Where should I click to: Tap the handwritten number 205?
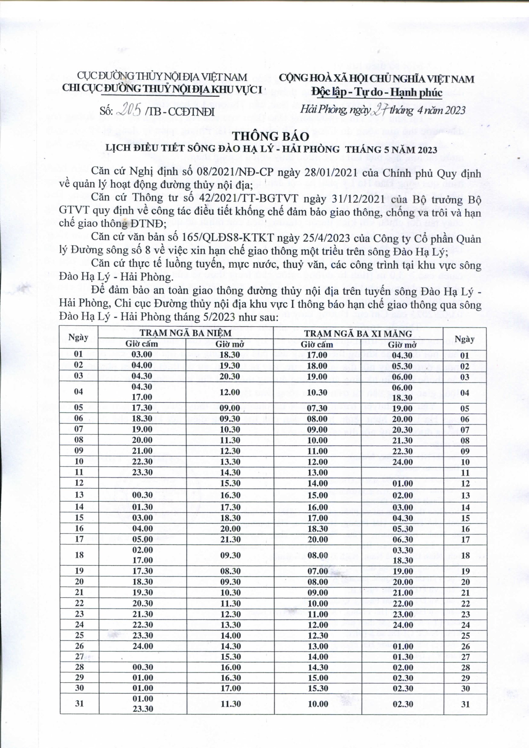coord(129,111)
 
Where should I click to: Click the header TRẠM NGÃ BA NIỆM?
coord(186,333)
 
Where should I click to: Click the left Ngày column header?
coord(79,338)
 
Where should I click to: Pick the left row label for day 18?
coord(79,555)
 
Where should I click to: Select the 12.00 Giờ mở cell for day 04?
coord(230,393)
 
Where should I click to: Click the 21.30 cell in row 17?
coord(230,539)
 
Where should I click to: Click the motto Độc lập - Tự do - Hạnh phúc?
coord(376,92)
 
